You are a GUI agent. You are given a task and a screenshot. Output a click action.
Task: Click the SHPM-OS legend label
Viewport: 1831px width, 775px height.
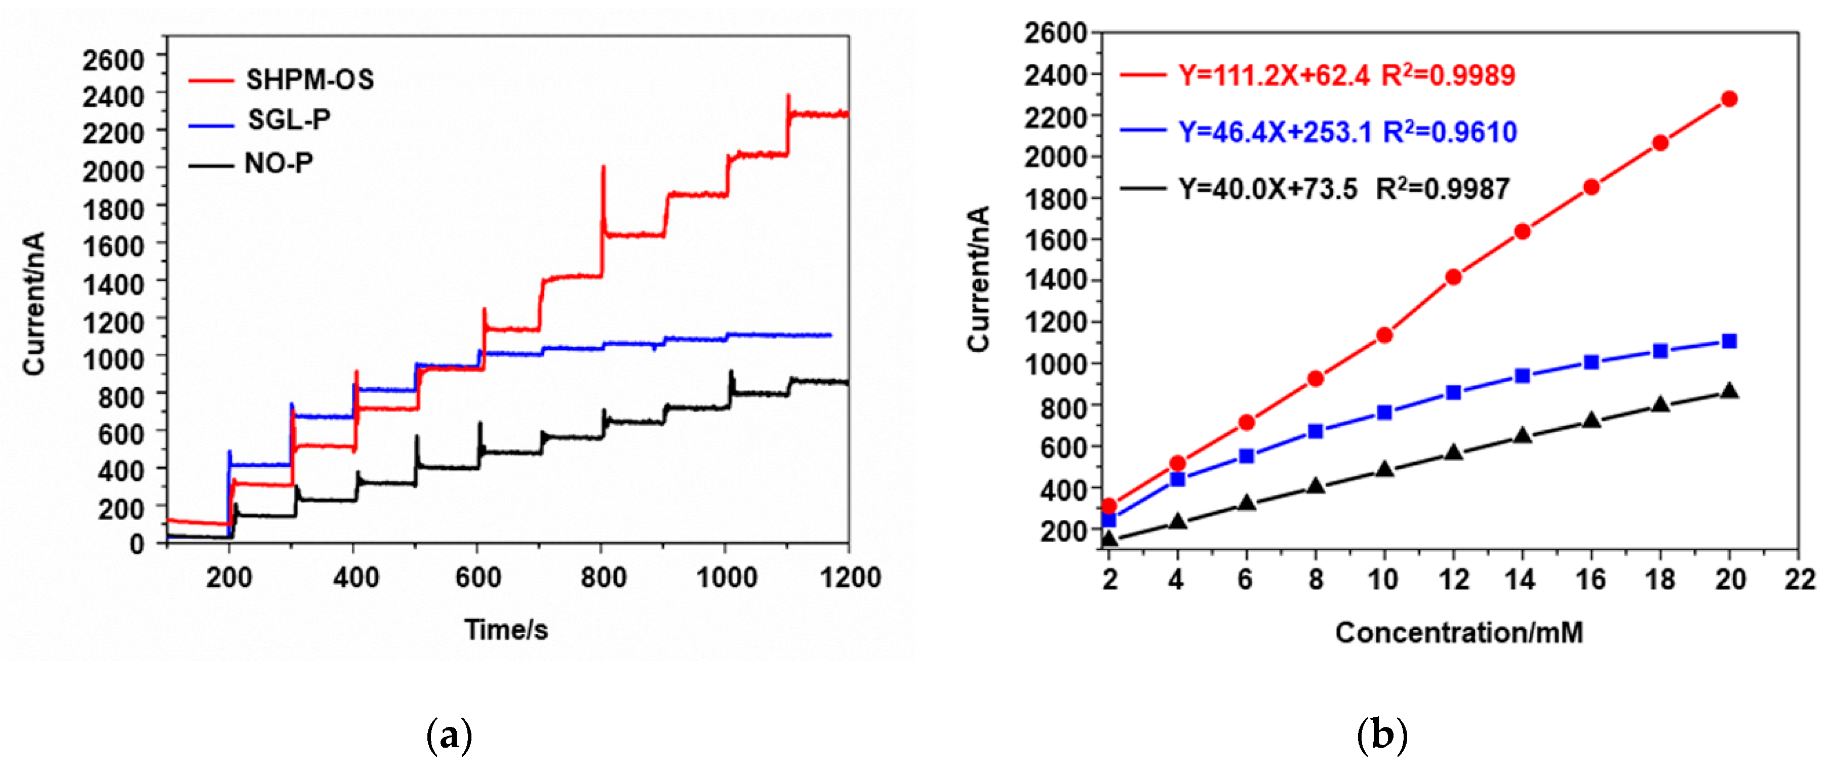pyautogui.click(x=309, y=79)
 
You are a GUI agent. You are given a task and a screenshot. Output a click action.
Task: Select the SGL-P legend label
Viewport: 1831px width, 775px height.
pyautogui.click(x=289, y=119)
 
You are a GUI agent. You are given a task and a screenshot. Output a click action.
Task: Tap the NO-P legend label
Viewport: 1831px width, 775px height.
pyautogui.click(x=278, y=164)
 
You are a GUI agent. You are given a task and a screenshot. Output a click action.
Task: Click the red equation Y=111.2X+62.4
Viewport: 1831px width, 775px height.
pyautogui.click(x=1273, y=75)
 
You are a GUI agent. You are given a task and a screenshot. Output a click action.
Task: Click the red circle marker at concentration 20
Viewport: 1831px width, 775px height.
pyautogui.click(x=1729, y=99)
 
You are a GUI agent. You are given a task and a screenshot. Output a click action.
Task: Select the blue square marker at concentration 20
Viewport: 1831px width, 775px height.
pyautogui.click(x=1729, y=341)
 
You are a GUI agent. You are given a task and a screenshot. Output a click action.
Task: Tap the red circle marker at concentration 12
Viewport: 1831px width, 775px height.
pyautogui.click(x=1454, y=277)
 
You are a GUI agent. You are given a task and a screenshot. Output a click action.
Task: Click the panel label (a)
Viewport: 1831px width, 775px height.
pyautogui.click(x=449, y=737)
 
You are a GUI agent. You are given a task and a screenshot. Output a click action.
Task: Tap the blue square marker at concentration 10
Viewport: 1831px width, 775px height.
pyautogui.click(x=1384, y=413)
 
